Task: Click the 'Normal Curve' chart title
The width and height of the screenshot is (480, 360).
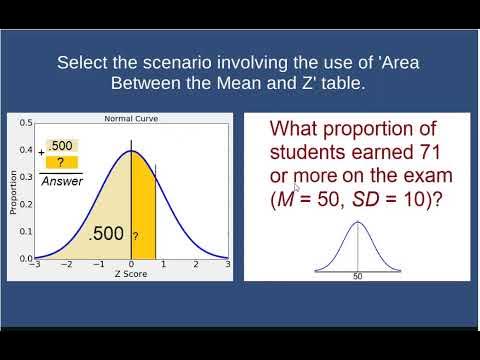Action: tap(131, 119)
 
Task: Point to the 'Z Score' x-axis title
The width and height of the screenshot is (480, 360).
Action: tap(131, 273)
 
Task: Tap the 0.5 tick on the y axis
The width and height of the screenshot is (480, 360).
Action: tap(25, 125)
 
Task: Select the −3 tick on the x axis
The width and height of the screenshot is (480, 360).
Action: tap(35, 265)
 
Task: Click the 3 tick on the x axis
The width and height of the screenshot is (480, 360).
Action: tap(228, 265)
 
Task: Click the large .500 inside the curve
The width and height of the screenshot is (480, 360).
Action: tap(106, 234)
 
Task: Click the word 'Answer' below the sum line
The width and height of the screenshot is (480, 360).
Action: tap(61, 181)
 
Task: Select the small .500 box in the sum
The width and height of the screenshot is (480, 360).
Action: tap(62, 145)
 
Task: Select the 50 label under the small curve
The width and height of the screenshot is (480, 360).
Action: tap(357, 275)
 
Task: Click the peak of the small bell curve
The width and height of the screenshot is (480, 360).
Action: tap(357, 222)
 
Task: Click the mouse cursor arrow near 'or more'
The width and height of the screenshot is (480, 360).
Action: tap(297, 187)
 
